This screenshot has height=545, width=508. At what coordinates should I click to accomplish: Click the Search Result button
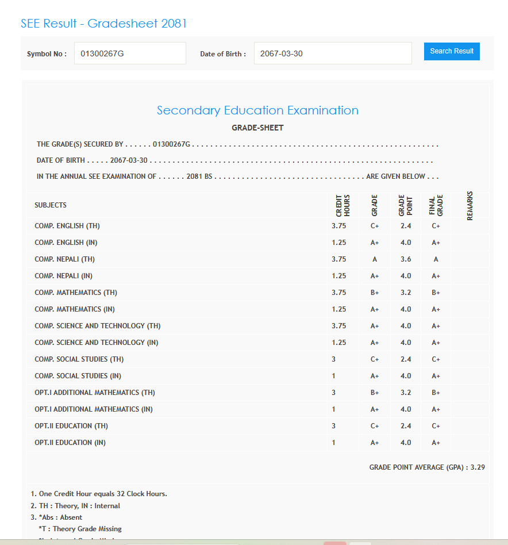452,51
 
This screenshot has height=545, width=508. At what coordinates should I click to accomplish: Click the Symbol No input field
130,53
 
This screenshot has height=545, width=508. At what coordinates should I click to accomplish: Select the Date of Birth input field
332,53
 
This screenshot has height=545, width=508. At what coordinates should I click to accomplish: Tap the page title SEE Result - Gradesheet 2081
103,24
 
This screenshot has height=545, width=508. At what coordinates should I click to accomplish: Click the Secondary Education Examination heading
257,110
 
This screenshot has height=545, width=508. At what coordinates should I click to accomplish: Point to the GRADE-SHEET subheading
257,128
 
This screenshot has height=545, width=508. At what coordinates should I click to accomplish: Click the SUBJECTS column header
51,205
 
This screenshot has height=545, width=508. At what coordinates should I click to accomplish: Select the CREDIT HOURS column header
342,205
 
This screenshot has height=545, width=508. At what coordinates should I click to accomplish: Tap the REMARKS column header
470,205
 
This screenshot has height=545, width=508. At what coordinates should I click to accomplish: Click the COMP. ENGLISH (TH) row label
67,226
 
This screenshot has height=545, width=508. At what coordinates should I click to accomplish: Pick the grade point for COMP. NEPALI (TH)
406,259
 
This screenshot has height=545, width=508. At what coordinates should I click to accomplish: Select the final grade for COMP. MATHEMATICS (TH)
436,293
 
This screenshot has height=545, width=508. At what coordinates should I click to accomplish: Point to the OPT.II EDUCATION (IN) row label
70,443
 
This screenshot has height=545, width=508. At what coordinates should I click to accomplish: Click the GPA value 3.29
478,467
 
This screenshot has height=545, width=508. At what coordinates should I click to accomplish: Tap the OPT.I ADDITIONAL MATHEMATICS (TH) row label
95,393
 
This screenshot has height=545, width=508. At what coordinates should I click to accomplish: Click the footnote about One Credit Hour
99,494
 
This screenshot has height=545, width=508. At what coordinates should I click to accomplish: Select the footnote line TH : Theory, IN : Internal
75,506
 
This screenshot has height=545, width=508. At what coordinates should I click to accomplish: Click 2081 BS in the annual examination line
199,176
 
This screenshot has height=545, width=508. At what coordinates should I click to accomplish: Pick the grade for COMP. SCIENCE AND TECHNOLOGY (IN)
375,343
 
